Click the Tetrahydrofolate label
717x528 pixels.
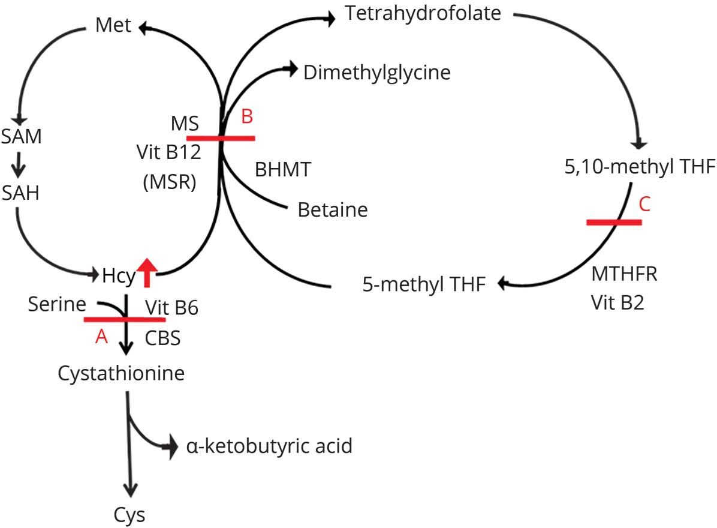tap(423, 13)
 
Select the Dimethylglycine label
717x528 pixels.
tap(376, 73)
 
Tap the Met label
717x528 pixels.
tap(113, 27)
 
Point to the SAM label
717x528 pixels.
tap(21, 137)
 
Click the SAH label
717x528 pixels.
tap(20, 193)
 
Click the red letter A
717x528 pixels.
tap(101, 337)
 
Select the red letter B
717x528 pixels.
tap(247, 118)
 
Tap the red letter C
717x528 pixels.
tap(644, 205)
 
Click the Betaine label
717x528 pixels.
tap(332, 210)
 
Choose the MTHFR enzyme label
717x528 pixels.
tap(625, 275)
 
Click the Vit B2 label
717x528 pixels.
tap(617, 303)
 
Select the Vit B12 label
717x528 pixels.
tap(168, 153)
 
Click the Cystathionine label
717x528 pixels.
tap(120, 373)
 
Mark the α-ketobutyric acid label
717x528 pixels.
tap(269, 446)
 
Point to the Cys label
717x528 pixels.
tap(129, 514)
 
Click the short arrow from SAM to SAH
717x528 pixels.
tap(20, 166)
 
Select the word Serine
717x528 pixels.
tap(56, 305)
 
